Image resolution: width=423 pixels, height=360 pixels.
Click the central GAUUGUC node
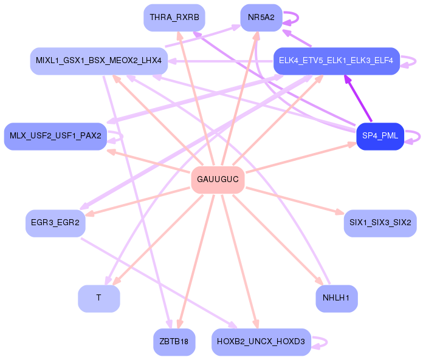(218, 180)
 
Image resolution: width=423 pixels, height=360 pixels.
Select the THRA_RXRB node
(174, 18)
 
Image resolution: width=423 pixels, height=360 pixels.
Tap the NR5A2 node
(261, 18)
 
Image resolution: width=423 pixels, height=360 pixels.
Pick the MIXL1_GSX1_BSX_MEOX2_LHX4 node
(98, 61)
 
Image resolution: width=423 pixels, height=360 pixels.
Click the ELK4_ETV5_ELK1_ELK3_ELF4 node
(337, 61)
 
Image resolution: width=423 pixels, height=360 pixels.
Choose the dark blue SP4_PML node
(380, 136)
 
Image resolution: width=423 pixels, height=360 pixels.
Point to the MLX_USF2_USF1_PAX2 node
(55, 136)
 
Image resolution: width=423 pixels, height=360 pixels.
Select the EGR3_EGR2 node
(55, 223)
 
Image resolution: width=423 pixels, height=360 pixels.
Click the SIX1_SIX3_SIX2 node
(380, 223)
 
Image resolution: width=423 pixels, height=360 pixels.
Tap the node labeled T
(98, 299)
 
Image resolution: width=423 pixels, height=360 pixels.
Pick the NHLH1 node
(337, 299)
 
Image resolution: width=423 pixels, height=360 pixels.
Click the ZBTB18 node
(174, 342)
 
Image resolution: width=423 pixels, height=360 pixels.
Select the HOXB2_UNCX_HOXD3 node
(261, 342)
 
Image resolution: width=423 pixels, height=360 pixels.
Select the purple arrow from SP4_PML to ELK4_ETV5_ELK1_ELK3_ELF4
(358, 98)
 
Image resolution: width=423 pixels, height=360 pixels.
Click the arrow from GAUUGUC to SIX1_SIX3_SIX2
(295, 201)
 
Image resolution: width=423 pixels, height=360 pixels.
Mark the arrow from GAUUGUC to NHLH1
(278, 240)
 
